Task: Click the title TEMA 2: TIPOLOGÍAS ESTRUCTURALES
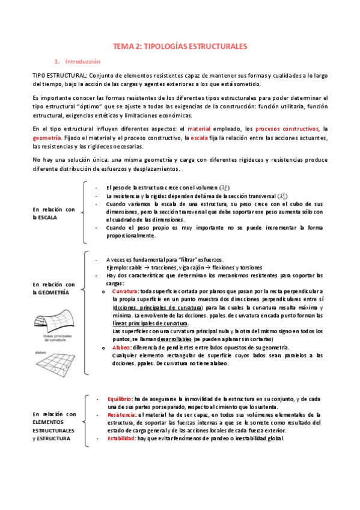[180, 46]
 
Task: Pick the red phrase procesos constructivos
[287, 129]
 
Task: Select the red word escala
[199, 138]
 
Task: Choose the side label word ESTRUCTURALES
[54, 431]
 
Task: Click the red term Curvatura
[124, 291]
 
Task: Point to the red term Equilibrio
[120, 398]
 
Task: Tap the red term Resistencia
[121, 415]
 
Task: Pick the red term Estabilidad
[121, 438]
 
